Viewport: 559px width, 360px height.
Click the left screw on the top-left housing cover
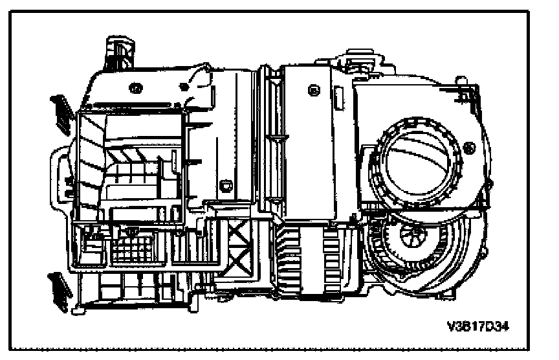(x=136, y=87)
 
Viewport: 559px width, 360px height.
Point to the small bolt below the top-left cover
(x=226, y=186)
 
